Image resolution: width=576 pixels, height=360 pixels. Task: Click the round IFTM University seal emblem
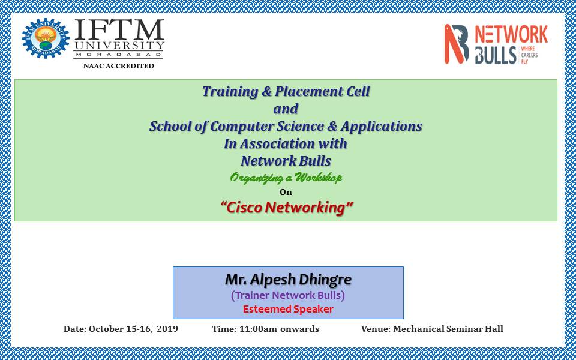[x=46, y=38]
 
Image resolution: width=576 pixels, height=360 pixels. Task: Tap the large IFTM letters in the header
[x=119, y=30]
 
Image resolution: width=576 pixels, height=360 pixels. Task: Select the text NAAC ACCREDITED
[x=119, y=66]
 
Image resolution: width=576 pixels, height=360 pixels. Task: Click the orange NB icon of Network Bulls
[x=456, y=44]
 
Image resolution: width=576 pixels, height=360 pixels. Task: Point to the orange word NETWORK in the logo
[x=511, y=35]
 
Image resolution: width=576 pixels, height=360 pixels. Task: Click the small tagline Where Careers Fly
[x=529, y=55]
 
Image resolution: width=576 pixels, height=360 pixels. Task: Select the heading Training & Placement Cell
[x=286, y=91]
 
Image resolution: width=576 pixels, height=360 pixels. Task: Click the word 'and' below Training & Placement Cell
[x=286, y=109]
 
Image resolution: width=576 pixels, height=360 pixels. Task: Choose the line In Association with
[x=286, y=143]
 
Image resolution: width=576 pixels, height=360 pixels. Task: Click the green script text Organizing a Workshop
[x=286, y=178]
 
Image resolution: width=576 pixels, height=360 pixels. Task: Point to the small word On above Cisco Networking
[x=286, y=192]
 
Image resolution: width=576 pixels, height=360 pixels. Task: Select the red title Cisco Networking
[x=287, y=208]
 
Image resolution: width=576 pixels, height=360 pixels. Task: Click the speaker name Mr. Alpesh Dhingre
[x=288, y=280]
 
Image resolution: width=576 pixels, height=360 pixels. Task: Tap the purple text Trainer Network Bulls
[x=288, y=295]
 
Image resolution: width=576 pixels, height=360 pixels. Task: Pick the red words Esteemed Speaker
[x=288, y=310]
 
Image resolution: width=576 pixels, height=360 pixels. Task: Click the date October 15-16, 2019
[x=133, y=329]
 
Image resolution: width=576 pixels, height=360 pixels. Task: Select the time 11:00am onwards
[x=279, y=329]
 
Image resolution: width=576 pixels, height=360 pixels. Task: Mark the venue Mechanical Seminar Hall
[x=448, y=329]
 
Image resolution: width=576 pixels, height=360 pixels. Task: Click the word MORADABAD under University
[x=119, y=55]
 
